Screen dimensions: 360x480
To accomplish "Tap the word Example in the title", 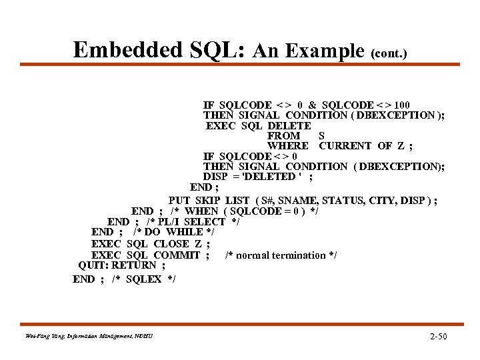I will click(325, 51).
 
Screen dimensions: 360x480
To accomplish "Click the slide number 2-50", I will click(438, 336).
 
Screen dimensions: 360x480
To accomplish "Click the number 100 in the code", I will click(402, 105).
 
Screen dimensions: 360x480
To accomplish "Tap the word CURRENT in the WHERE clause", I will click(346, 146).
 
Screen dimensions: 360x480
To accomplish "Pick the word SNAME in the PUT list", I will click(296, 200).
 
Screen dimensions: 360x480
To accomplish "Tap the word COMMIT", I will click(177, 255).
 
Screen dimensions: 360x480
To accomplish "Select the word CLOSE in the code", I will click(171, 244).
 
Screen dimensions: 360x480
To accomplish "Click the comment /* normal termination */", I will click(281, 255).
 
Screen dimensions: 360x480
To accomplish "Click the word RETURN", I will click(134, 265).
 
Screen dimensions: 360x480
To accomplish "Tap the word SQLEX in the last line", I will click(143, 279).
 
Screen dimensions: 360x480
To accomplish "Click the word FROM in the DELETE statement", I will click(283, 136).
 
